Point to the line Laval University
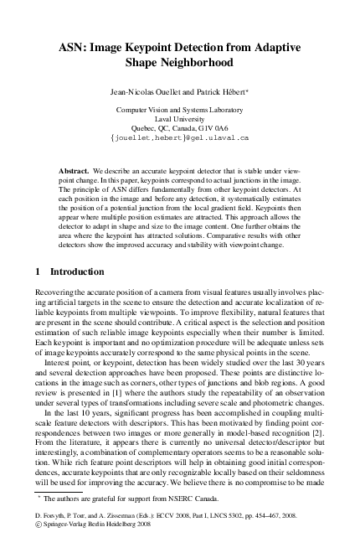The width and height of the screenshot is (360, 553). click(179, 118)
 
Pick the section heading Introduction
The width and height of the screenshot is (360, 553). click(78, 272)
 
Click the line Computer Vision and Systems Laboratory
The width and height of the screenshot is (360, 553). click(179, 109)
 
